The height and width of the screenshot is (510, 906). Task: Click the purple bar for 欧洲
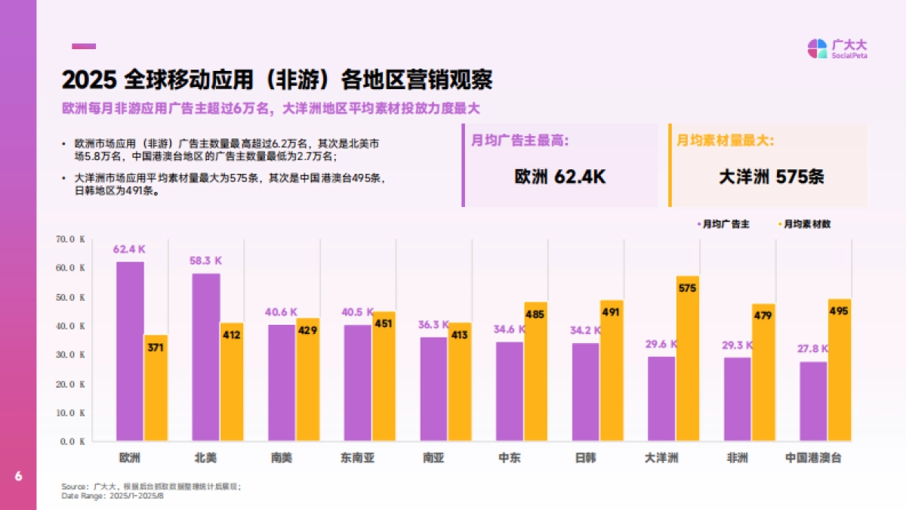[x=130, y=351]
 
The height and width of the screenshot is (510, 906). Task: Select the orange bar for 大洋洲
[x=688, y=359]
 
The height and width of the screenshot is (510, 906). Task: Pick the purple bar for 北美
[x=206, y=357]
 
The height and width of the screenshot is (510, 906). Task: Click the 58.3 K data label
[x=205, y=260]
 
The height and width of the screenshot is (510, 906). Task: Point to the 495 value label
[x=839, y=311]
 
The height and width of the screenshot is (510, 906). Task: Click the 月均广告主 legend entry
[x=726, y=224]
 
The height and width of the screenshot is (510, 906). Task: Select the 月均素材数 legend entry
[x=807, y=224]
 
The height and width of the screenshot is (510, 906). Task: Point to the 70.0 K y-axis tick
[x=71, y=240]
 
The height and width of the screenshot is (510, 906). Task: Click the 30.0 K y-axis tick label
[x=71, y=355]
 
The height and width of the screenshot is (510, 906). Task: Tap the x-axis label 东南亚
[x=357, y=458]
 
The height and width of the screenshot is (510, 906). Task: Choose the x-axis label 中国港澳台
[x=813, y=458]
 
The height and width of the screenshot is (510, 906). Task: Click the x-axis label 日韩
[x=585, y=458]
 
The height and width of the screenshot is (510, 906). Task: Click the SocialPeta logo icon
[x=817, y=48]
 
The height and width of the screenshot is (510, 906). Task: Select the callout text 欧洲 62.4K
[x=559, y=177]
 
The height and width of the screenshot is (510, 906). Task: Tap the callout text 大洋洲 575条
[x=771, y=177]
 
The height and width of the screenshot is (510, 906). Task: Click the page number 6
[x=18, y=477]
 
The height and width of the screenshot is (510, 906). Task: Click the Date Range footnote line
[x=112, y=496]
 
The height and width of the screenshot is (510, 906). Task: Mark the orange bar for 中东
[x=535, y=372]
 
